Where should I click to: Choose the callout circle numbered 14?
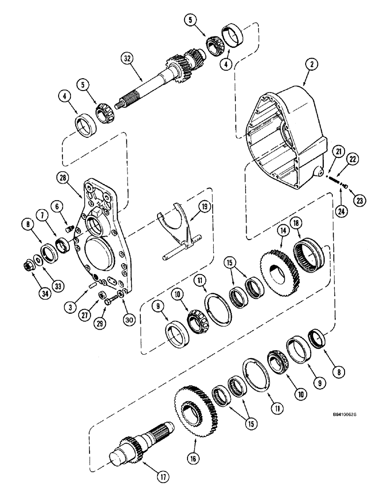coord(283,229)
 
